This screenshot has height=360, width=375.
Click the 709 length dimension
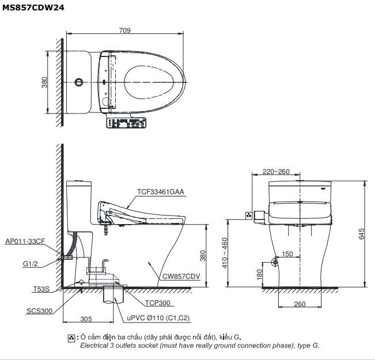(125, 31)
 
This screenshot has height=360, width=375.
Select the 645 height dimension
(362, 234)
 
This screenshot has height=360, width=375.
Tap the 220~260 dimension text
(276, 172)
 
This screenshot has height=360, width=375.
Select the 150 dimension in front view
(287, 254)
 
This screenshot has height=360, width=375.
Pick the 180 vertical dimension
(260, 275)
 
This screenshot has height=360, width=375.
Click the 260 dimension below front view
(300, 304)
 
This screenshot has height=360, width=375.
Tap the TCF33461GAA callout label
(161, 192)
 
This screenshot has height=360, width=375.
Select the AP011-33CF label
(25, 241)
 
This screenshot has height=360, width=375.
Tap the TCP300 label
(158, 302)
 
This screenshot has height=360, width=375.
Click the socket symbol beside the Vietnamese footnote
(71, 337)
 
